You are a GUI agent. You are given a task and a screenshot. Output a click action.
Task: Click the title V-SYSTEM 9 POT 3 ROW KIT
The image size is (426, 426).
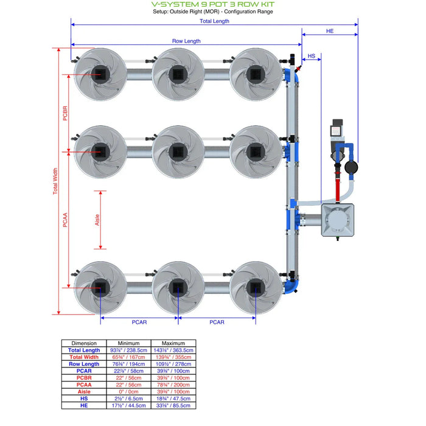pyautogui.click(x=212, y=4)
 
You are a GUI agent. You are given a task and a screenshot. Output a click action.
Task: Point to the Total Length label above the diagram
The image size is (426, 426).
pyautogui.click(x=214, y=21)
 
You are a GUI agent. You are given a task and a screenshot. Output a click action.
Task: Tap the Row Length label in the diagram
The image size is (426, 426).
pyautogui.click(x=186, y=41)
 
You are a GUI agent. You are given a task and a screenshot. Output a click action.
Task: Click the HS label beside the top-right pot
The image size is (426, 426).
pyautogui.click(x=312, y=56)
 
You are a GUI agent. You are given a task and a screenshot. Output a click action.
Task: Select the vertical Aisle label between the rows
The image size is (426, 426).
pyautogui.click(x=98, y=220)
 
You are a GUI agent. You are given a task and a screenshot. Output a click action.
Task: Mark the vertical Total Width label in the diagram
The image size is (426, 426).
pyautogui.click(x=55, y=181)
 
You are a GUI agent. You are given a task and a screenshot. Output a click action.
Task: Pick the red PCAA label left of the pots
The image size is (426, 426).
pyautogui.click(x=65, y=218)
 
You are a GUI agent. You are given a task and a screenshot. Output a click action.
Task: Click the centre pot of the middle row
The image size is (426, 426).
pyautogui.click(x=178, y=150)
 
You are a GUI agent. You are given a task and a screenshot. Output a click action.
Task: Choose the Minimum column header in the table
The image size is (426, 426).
pyautogui.click(x=128, y=343)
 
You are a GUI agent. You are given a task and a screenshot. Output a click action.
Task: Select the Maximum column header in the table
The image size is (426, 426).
pyautogui.click(x=173, y=343)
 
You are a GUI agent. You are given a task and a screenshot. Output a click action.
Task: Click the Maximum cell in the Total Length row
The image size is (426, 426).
pyautogui.click(x=173, y=351)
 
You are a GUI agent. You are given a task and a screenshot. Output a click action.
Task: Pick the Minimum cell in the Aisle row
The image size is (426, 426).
pyautogui.click(x=128, y=391)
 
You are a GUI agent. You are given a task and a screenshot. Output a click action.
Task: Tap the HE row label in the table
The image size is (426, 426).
pyautogui.click(x=84, y=405)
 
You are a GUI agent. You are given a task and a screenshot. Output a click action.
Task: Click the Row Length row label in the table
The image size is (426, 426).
pyautogui.click(x=84, y=364)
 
